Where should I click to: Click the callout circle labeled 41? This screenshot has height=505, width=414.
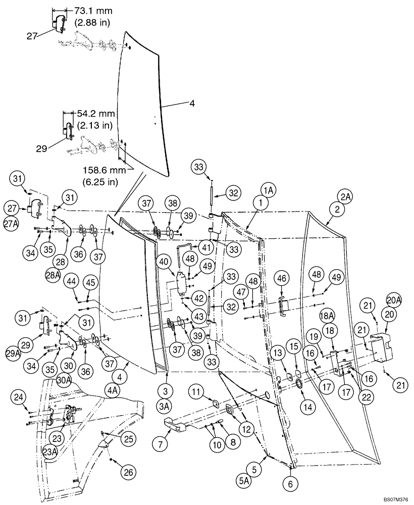pyautogui.click(x=205, y=248)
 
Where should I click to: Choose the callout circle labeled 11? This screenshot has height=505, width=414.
pyautogui.click(x=196, y=391)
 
